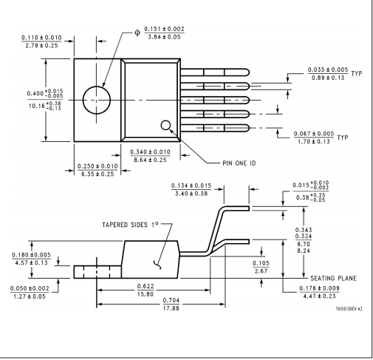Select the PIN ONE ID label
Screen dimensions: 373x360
[239, 163]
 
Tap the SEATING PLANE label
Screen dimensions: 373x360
[333, 279]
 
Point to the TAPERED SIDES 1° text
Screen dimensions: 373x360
[130, 225]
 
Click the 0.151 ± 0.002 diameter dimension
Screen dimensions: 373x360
[164, 29]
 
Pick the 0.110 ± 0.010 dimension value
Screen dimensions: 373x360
[41, 38]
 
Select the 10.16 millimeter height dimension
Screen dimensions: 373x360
[45, 106]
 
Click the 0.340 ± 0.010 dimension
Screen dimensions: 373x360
[150, 152]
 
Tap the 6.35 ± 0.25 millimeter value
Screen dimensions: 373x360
[97, 174]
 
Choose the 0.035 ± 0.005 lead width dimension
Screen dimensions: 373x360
[328, 69]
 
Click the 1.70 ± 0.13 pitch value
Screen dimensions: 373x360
[314, 142]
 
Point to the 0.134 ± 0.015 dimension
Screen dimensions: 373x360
[191, 186]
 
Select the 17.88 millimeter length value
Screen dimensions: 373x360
[171, 308]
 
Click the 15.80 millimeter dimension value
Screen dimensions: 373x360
[146, 294]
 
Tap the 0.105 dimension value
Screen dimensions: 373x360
[261, 263]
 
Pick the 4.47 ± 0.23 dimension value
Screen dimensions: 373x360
[319, 296]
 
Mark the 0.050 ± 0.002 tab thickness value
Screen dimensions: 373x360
[30, 288]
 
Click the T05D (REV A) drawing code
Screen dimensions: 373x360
[349, 309]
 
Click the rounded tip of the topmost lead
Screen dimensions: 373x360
[249, 72]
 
